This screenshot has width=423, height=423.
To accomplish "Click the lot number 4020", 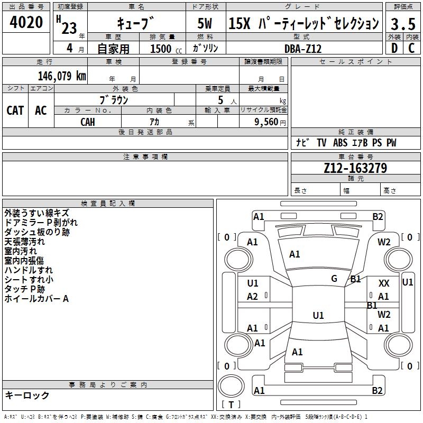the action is click(26, 22).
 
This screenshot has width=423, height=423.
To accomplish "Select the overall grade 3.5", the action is click(403, 24).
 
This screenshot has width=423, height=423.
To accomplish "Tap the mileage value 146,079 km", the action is click(62, 76).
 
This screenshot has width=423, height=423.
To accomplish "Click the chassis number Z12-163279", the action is click(355, 168).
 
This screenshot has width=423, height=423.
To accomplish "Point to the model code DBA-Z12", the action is click(303, 49).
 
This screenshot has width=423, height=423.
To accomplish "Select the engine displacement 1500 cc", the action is click(166, 49).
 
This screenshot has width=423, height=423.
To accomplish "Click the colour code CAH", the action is click(88, 122).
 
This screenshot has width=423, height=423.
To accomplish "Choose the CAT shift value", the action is click(15, 111).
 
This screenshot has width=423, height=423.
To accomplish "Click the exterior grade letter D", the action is click(394, 48).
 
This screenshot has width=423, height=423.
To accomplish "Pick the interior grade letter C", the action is click(411, 48).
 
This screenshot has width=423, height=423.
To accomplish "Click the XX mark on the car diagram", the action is click(384, 283).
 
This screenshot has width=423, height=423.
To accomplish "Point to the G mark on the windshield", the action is click(334, 279).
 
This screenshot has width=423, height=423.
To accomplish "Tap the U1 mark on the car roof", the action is click(318, 315).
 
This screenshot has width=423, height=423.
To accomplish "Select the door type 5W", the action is click(205, 23).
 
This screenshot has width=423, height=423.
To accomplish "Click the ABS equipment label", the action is click(340, 143).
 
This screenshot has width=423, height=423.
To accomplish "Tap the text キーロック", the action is click(27, 395).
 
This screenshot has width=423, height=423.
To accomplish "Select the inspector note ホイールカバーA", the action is click(36, 299).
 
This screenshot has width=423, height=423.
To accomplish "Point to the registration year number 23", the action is click(69, 28).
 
